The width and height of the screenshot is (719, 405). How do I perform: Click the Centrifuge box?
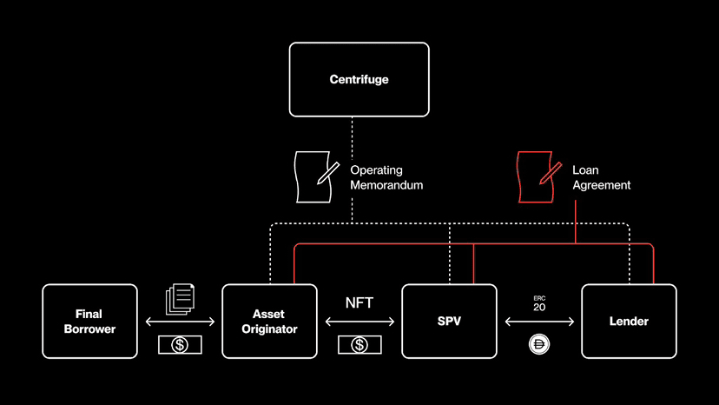(359, 79)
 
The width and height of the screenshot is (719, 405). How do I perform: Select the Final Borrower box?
(90, 322)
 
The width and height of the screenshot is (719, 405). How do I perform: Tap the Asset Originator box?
(269, 322)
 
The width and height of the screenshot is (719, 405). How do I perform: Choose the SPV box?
(450, 322)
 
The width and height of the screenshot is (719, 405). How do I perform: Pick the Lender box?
(629, 322)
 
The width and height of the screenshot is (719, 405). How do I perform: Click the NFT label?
(359, 302)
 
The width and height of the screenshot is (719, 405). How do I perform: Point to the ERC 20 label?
(539, 304)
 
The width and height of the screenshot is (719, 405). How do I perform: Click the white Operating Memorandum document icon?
(316, 176)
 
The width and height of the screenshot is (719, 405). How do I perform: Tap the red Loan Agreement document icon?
(538, 176)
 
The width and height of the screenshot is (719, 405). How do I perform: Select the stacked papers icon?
(181, 299)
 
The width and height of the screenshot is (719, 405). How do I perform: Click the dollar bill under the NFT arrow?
(359, 345)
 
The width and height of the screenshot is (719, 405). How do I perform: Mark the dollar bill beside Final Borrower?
(180, 345)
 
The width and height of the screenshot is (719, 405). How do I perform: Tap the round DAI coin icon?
(539, 344)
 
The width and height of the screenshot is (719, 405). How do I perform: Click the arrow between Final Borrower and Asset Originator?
(181, 322)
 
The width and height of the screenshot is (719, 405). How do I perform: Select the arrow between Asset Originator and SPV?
(360, 322)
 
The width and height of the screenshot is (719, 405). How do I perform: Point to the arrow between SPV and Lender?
(540, 322)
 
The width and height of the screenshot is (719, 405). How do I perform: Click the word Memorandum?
(386, 185)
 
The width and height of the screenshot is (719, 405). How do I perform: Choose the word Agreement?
(601, 185)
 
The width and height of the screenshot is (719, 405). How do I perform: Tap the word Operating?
(377, 170)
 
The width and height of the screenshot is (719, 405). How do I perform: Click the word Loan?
(585, 169)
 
